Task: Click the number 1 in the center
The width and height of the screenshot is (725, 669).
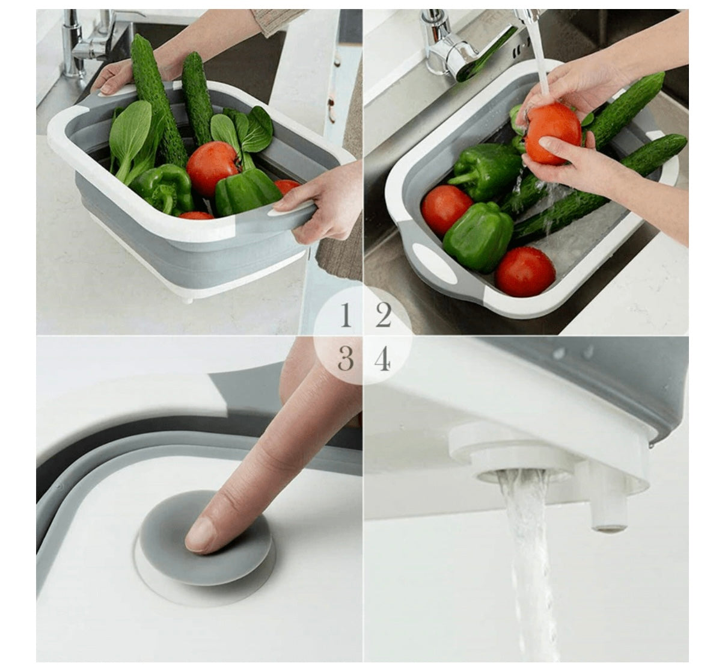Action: [345, 316]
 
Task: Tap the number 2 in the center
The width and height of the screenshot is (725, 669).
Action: [384, 316]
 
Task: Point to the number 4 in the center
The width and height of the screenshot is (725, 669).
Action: [383, 360]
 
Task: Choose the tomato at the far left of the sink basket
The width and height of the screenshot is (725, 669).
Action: [445, 210]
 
